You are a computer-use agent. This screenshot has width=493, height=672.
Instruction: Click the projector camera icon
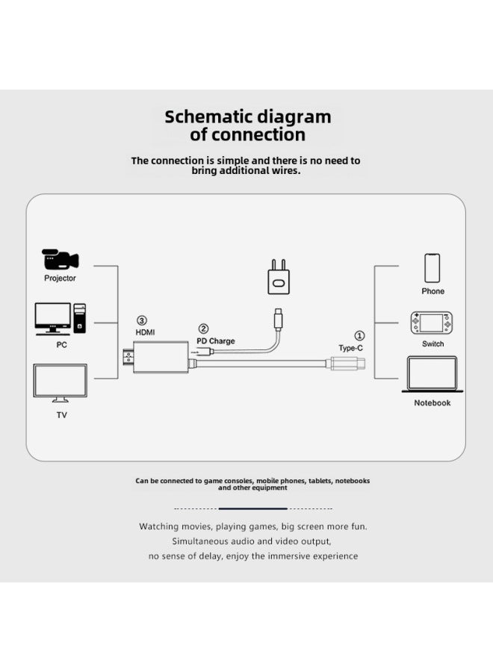click(x=60, y=259)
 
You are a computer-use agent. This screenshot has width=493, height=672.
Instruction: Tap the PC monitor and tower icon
click(x=61, y=319)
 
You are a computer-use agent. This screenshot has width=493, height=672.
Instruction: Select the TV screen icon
click(x=60, y=383)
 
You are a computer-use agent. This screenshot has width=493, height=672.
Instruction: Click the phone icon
click(x=432, y=268)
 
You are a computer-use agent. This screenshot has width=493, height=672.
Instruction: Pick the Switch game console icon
click(x=431, y=323)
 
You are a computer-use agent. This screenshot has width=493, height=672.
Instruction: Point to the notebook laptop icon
click(x=432, y=374)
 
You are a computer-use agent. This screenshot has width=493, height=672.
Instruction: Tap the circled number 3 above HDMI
click(x=141, y=320)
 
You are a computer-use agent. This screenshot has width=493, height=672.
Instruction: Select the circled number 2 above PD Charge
click(x=203, y=329)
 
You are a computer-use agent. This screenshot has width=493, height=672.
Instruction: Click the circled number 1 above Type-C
click(x=359, y=335)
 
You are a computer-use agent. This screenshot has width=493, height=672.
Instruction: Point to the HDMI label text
click(x=146, y=332)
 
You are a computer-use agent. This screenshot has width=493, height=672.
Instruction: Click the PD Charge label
click(x=216, y=341)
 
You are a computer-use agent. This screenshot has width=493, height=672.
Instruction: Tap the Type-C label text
click(x=350, y=348)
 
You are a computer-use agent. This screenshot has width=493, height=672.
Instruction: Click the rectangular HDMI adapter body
click(x=161, y=358)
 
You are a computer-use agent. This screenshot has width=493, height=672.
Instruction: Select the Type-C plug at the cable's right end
click(x=347, y=364)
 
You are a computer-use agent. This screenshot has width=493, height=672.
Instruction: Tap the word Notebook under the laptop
click(x=432, y=403)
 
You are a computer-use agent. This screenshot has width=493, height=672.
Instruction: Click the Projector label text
click(x=60, y=279)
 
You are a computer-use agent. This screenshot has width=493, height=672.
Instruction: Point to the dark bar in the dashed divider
click(x=253, y=508)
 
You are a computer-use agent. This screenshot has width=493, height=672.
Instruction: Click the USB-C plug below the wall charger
click(x=279, y=318)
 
